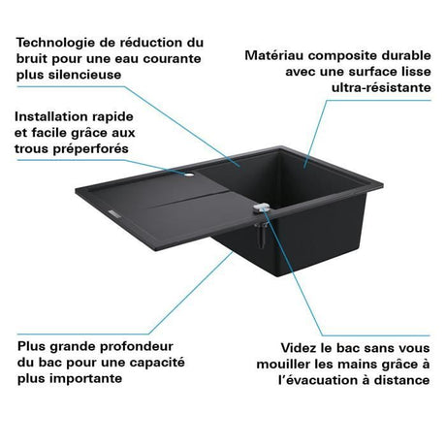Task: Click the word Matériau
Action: point(274,55)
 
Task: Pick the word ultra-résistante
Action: point(381,87)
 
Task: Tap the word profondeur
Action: point(137,347)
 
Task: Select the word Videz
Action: point(299,348)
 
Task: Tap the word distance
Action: point(401,380)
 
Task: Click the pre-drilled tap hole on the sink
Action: point(189,175)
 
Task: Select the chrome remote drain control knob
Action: point(262,207)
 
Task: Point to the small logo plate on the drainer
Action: point(114,213)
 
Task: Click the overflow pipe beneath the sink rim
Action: point(261,235)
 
